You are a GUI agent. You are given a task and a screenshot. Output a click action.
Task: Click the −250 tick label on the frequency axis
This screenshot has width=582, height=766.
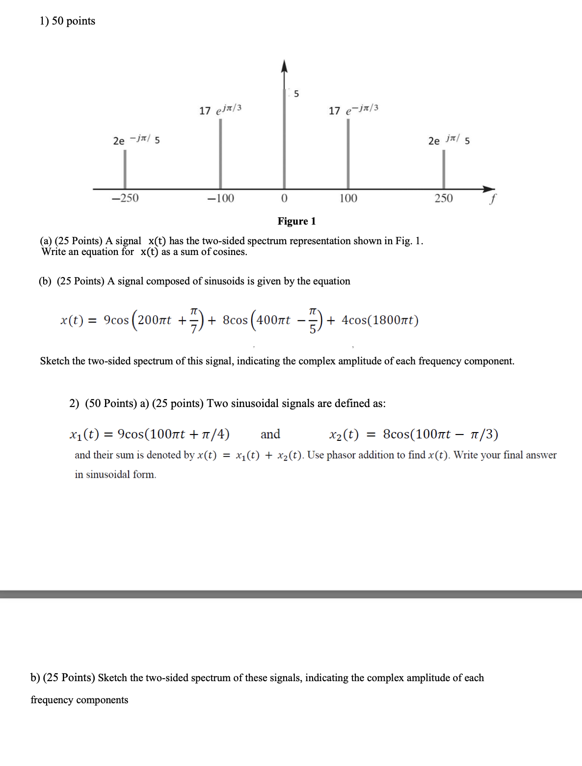coord(125,198)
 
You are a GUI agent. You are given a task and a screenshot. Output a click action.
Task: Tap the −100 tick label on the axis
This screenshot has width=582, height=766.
coord(220,198)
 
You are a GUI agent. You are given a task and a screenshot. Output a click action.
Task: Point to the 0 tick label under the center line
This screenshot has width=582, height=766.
coord(284,198)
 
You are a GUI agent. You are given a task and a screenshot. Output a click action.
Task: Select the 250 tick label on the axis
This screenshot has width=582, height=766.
coord(444,198)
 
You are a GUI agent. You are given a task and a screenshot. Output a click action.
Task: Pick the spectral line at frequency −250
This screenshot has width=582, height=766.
coord(125,169)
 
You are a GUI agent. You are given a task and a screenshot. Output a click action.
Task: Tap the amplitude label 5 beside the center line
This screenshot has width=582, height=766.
coord(296,93)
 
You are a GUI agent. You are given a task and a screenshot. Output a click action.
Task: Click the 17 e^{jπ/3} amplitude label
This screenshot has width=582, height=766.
coord(220,109)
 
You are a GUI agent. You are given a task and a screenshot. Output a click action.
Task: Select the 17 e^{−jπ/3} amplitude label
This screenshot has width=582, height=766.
coord(353,109)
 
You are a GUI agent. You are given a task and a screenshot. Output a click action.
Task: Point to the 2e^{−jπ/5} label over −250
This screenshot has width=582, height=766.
coord(136,140)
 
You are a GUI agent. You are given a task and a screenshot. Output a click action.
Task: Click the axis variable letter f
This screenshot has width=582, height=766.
coord(493,199)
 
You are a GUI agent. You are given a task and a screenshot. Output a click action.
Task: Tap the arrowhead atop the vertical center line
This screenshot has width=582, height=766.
coord(284,66)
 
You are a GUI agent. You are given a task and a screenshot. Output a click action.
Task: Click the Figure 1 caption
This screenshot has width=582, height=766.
coord(296,221)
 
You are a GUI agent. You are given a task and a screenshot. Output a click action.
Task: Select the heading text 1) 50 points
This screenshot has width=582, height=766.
coord(67,21)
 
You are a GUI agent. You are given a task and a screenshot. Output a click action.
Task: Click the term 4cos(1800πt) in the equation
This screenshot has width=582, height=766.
coord(380,320)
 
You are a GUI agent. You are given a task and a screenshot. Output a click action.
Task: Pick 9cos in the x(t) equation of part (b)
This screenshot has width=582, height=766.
coord(116,320)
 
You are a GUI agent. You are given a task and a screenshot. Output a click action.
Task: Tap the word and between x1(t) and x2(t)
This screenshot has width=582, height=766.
coord(270,434)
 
